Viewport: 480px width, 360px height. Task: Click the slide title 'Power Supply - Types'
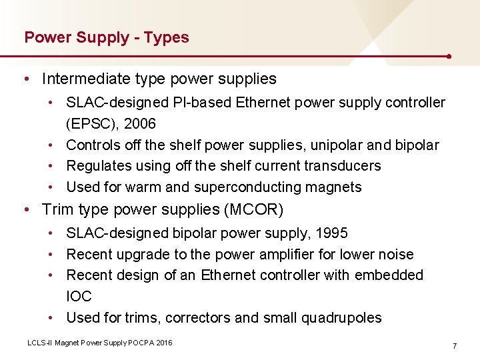(x=107, y=37)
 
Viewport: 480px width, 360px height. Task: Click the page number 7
(x=454, y=346)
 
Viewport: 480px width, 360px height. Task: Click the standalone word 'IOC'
(x=79, y=296)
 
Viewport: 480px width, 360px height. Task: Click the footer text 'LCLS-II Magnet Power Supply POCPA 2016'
(x=99, y=342)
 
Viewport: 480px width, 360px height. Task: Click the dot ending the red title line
(x=451, y=57)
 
